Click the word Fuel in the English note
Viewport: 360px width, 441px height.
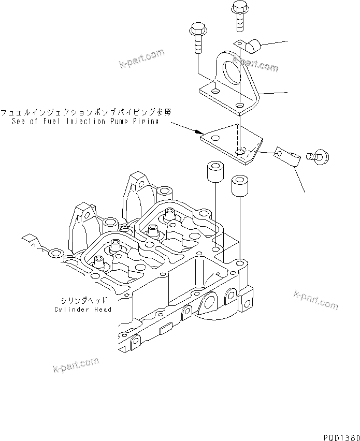pyautogui.click(x=56, y=122)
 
